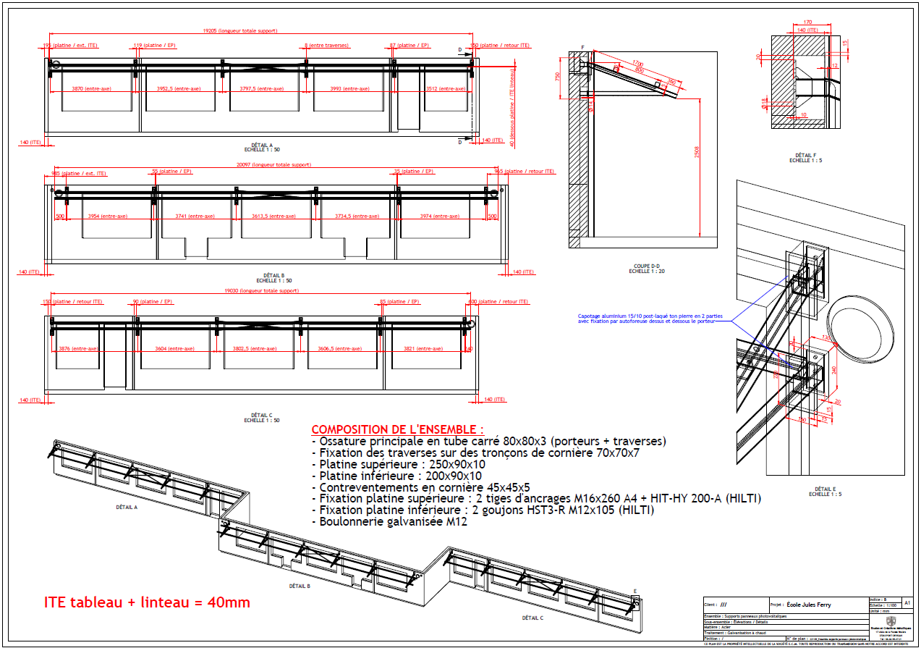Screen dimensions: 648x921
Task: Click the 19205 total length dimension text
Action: pyautogui.click(x=240, y=31)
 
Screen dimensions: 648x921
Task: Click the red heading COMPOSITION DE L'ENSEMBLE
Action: pyautogui.click(x=397, y=429)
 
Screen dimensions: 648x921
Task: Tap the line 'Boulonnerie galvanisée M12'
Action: pyautogui.click(x=389, y=521)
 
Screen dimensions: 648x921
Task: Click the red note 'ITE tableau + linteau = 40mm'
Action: pyautogui.click(x=147, y=602)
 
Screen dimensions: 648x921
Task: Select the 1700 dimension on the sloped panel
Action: pyautogui.click(x=637, y=64)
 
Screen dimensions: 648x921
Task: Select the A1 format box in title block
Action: pyautogui.click(x=908, y=602)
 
